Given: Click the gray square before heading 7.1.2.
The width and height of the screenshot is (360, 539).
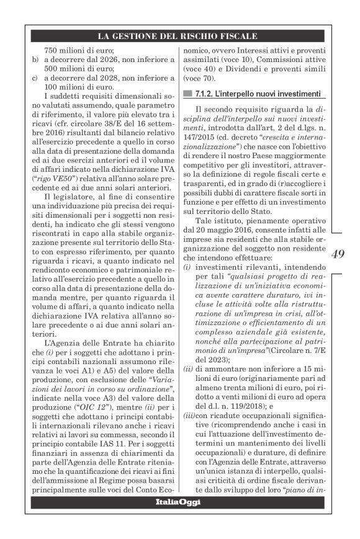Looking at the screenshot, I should [x=187, y=94].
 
